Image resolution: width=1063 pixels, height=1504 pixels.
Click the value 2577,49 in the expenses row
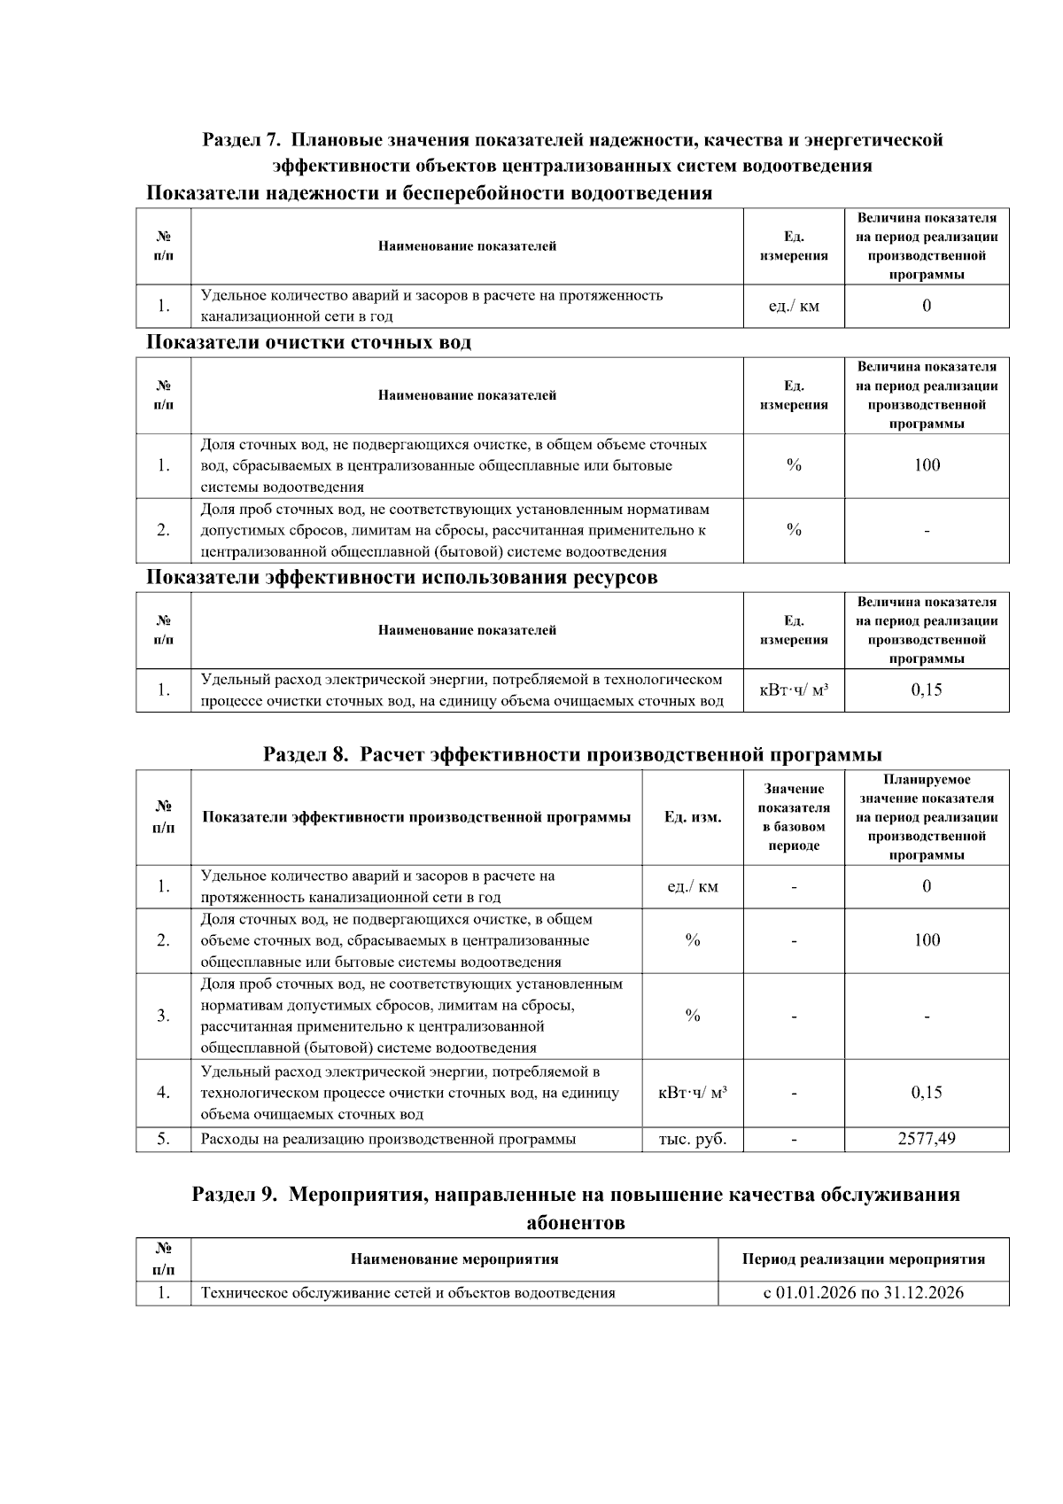(x=926, y=1139)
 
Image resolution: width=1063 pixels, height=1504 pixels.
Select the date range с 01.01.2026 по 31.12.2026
(x=863, y=1292)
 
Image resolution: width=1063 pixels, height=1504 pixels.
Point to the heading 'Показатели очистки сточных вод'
(x=308, y=342)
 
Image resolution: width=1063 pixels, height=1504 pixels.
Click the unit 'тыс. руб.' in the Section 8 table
(x=692, y=1139)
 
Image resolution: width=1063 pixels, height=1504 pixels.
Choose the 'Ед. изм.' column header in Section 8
(x=692, y=817)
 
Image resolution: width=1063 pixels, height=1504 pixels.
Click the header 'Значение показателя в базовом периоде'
(x=793, y=817)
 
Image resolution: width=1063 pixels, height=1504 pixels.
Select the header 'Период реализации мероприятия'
(x=863, y=1259)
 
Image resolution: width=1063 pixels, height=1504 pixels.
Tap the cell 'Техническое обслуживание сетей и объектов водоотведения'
(x=407, y=1292)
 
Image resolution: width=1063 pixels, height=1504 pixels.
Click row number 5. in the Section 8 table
(x=163, y=1139)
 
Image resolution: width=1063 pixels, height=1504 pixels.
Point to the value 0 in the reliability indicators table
(x=926, y=306)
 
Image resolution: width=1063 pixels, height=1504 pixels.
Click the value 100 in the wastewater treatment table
(x=926, y=465)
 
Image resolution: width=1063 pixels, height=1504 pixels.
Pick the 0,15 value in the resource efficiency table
(x=926, y=690)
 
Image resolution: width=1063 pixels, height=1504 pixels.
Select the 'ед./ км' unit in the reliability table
(x=793, y=306)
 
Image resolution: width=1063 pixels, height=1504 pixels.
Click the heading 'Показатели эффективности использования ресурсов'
(x=401, y=578)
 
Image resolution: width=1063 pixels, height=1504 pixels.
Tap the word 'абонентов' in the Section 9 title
(x=575, y=1223)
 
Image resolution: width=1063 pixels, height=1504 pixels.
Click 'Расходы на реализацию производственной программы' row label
(x=388, y=1139)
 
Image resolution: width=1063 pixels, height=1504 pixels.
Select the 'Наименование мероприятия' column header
(x=454, y=1259)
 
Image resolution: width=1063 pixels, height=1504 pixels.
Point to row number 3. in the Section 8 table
(x=163, y=1016)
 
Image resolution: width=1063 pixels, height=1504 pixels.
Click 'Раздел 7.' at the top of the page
(x=241, y=140)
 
